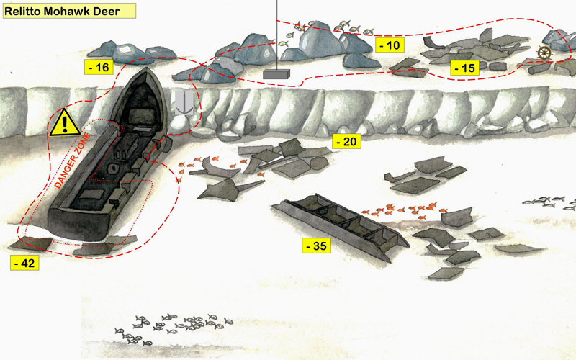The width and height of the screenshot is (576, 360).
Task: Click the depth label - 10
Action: click(x=390, y=45)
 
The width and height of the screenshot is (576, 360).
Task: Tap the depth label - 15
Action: click(x=464, y=68)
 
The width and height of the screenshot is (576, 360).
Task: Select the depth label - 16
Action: click(x=99, y=67)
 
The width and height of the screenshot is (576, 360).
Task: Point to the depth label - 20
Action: click(x=346, y=141)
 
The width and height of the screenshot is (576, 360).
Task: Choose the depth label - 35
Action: click(x=316, y=246)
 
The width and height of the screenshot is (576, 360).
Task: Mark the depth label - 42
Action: click(x=24, y=263)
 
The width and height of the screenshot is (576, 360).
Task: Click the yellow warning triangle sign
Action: click(x=65, y=122)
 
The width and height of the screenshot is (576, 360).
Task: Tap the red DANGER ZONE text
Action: click(x=73, y=161)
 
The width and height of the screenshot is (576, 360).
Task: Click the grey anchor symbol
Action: click(x=184, y=102)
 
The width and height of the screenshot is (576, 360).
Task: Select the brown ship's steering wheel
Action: click(x=544, y=53)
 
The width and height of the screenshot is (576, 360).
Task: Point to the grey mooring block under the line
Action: click(x=276, y=74)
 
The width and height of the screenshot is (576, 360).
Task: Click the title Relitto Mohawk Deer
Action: click(x=62, y=11)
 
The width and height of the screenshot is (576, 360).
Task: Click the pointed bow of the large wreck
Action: click(x=146, y=69)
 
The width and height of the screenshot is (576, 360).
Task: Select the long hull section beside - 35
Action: click(x=341, y=226)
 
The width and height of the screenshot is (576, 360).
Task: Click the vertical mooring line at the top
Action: click(x=276, y=35)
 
